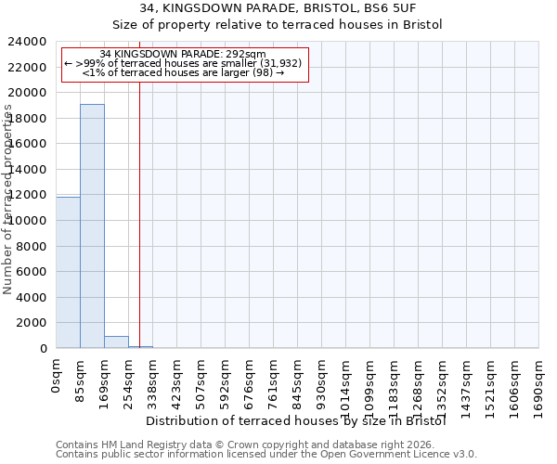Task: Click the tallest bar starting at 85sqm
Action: click(92, 226)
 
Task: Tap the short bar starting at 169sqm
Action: click(116, 342)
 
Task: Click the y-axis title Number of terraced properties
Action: click(8, 200)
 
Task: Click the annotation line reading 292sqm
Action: click(183, 54)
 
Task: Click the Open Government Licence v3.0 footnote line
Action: click(266, 454)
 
